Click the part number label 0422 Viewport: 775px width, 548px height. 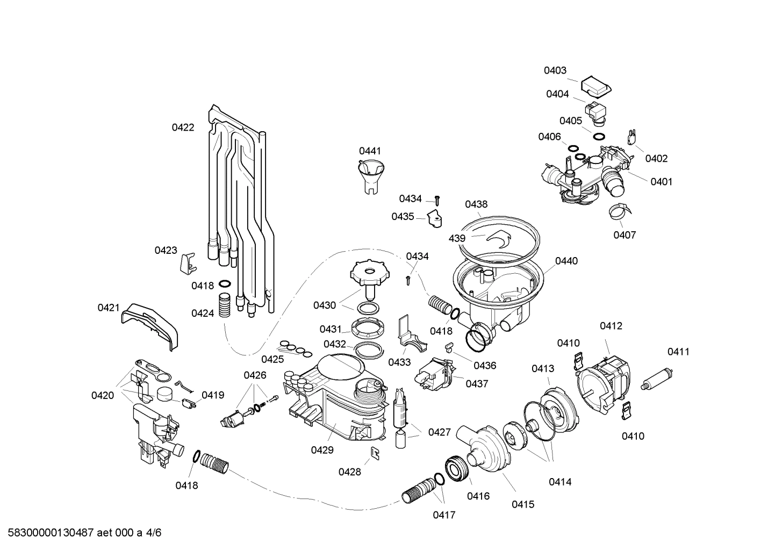click(x=183, y=127)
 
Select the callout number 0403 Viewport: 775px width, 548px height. click(x=555, y=70)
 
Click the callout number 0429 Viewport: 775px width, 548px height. click(x=322, y=450)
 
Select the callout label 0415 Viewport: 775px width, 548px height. click(x=522, y=504)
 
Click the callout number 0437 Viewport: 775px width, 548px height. click(x=477, y=384)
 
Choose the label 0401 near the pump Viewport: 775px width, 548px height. click(x=661, y=182)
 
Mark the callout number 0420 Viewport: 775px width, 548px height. click(x=102, y=396)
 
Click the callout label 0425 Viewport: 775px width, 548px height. click(x=272, y=359)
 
